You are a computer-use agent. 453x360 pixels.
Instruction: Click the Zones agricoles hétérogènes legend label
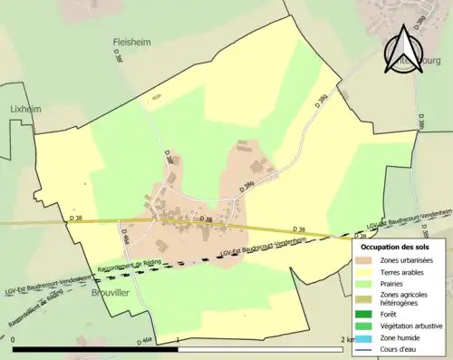click(417, 298)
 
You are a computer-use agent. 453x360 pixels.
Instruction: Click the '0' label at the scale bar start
click(14, 338)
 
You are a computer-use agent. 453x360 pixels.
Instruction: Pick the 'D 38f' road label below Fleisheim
click(118, 56)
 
